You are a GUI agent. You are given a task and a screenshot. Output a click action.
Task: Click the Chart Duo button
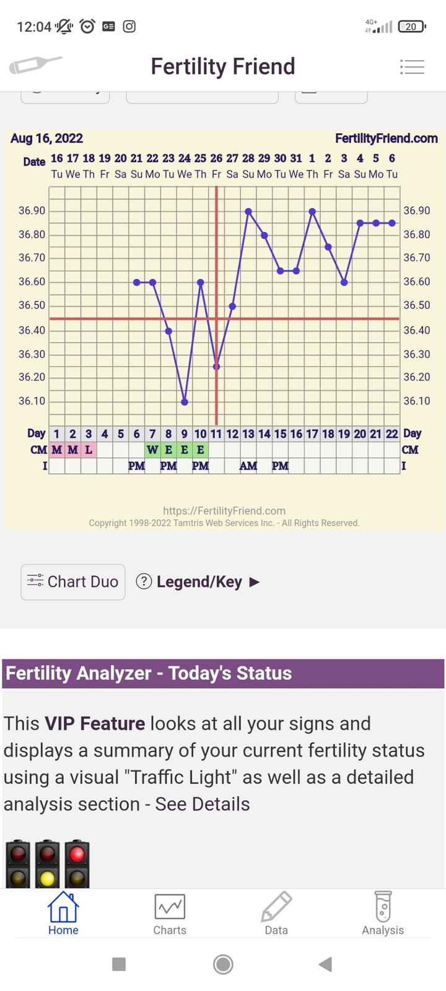[73, 582]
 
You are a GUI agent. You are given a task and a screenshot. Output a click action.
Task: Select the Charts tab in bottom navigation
[169, 914]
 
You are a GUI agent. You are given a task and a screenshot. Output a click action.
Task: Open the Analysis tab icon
[383, 914]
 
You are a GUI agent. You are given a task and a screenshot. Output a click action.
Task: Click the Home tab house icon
[63, 907]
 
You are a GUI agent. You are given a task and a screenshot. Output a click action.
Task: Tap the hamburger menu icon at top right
[412, 67]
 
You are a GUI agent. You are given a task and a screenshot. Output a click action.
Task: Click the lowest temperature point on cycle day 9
[185, 402]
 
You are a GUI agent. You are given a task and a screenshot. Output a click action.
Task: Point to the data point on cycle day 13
[248, 211]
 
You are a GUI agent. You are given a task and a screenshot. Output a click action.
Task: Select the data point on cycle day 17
[312, 211]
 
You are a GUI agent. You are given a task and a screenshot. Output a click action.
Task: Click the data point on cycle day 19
[344, 282]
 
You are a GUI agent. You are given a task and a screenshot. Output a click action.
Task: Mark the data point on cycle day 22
[392, 223]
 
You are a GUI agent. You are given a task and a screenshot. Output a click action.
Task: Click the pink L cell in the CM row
[89, 450]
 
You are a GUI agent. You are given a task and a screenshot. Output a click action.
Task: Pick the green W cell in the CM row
[152, 450]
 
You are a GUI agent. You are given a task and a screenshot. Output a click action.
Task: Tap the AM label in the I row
[248, 466]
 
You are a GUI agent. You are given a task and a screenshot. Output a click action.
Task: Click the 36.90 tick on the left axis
[32, 211]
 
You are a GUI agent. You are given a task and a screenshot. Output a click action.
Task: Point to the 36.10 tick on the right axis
[416, 401]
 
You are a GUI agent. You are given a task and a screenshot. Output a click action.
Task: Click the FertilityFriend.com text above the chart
[386, 138]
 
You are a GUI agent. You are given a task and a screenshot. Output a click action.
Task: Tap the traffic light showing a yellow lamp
[48, 864]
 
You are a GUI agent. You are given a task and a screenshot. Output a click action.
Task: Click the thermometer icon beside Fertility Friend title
[35, 65]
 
